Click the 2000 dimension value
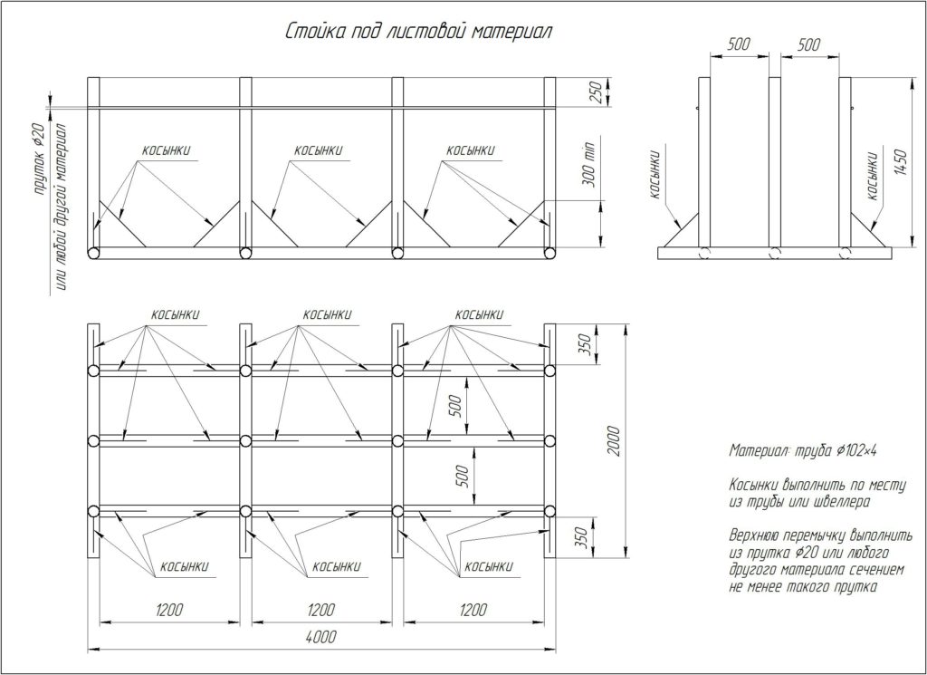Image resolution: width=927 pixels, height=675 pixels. click(x=615, y=440)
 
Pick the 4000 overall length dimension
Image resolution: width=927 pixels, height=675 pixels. click(x=321, y=637)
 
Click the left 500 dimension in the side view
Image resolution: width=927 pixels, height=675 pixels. click(x=739, y=44)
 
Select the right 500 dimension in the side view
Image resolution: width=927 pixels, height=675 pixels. click(x=808, y=44)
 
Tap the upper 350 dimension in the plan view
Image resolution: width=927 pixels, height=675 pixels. click(x=584, y=344)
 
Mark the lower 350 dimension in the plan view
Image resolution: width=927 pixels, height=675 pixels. click(x=581, y=536)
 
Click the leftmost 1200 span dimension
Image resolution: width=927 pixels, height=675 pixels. click(x=169, y=610)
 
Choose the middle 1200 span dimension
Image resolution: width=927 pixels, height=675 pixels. click(x=321, y=610)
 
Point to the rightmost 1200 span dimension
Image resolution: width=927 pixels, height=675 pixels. click(x=473, y=610)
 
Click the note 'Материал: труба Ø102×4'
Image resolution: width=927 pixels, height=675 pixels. click(x=803, y=451)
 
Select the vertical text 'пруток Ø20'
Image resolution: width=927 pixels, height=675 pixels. click(x=39, y=159)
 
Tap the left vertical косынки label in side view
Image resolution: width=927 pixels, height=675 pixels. click(x=655, y=175)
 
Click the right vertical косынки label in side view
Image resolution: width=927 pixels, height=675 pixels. click(x=872, y=176)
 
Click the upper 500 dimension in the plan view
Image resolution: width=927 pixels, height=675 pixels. click(x=455, y=407)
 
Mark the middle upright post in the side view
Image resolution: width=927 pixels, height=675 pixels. click(x=775, y=162)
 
